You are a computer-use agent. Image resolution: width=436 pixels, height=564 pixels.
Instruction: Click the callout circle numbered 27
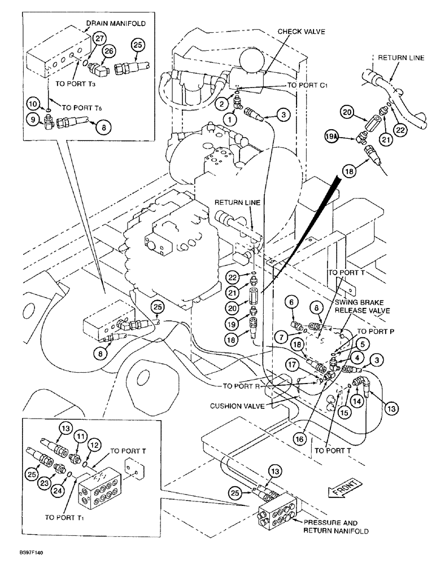pyautogui.click(x=100, y=38)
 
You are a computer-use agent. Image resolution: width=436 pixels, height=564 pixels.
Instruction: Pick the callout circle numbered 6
pyautogui.click(x=293, y=303)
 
